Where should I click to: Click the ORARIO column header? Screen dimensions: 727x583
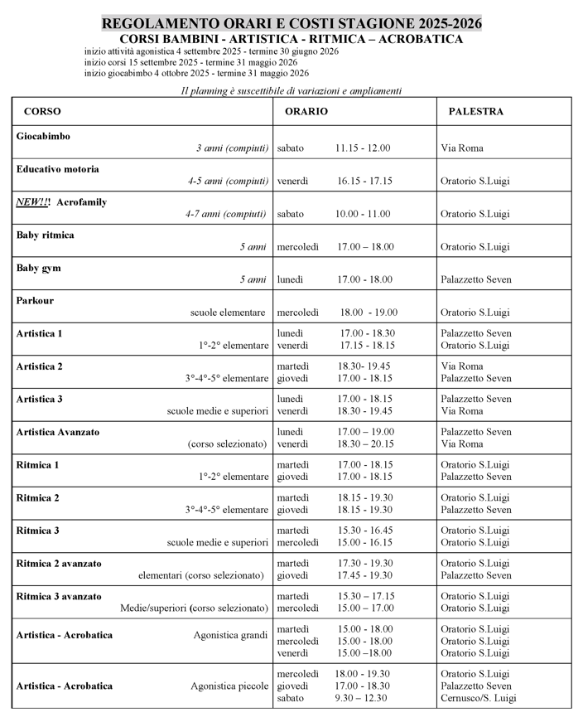tap(306, 111)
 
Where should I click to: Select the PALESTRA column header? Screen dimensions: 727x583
tap(475, 111)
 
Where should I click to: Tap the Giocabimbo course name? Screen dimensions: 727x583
tap(43, 136)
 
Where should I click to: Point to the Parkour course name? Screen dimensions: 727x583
tap(35, 301)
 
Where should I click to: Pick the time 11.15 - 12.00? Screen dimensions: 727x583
tap(363, 148)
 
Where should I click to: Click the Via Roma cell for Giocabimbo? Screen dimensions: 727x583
tap(462, 148)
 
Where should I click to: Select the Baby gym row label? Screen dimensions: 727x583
tap(38, 268)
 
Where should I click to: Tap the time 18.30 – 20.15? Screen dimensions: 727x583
tap(366, 444)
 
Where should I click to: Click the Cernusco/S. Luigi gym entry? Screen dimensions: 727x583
tap(478, 698)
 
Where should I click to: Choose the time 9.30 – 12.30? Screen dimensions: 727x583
tap(362, 698)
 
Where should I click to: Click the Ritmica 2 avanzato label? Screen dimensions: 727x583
tap(59, 563)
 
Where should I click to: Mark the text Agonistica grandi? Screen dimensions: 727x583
tap(230, 635)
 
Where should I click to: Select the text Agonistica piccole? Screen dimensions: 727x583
tap(229, 686)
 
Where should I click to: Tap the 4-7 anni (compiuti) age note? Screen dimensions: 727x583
tap(227, 214)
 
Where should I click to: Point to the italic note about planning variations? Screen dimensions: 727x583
tap(291, 90)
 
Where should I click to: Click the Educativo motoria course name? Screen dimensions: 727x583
tap(57, 169)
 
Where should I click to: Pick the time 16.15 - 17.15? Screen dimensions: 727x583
tap(364, 181)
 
